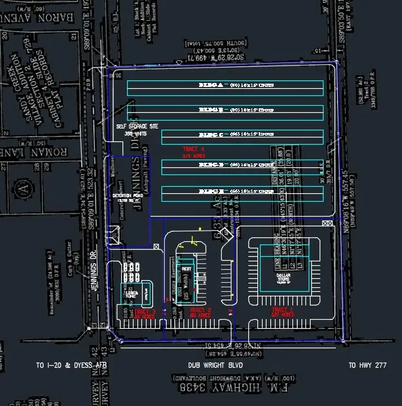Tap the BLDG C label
tap(211, 134)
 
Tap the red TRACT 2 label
tap(200, 312)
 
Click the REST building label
tap(187, 269)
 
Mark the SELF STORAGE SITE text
tap(136, 126)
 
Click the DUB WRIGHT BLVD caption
tap(210, 366)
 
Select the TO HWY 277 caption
tap(367, 366)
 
